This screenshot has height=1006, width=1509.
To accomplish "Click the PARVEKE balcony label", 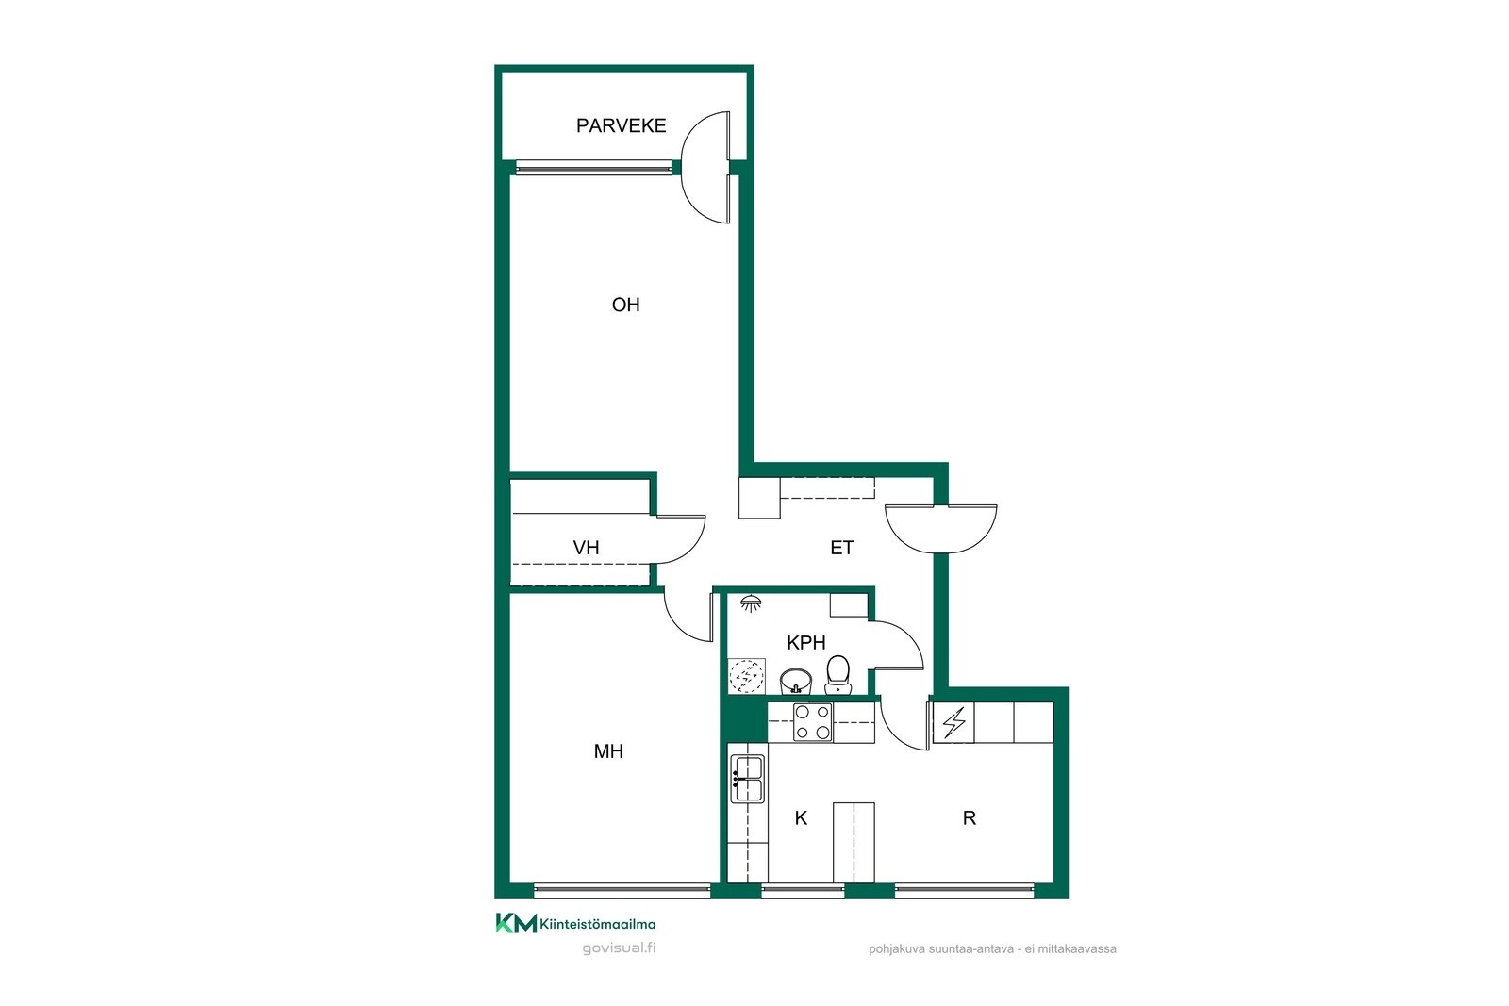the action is coord(622,126).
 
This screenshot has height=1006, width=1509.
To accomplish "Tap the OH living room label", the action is coord(625,305).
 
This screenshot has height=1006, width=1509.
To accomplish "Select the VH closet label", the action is coord(586,548).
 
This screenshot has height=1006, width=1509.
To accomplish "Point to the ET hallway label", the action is coord(841,548).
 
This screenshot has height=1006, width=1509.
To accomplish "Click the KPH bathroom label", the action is coord(805,643).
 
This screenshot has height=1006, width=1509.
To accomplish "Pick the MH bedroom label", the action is coord(607,751).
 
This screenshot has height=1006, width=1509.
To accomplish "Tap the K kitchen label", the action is coord(801,818).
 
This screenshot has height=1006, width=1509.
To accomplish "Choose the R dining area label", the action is coord(969,818).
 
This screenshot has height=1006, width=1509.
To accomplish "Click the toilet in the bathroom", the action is coord(837,675).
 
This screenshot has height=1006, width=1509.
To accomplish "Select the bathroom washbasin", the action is coord(796,682).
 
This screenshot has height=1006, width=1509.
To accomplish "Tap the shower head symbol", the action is coord(751,603).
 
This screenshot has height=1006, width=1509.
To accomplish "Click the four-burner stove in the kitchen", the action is coord(812,722).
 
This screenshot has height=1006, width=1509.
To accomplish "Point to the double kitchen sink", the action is coord(747,779).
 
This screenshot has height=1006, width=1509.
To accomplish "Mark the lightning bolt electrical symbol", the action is coord(953,722).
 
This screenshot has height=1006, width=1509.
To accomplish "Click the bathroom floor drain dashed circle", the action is coord(746,676).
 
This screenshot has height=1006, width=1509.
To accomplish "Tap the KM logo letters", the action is coord(516,923).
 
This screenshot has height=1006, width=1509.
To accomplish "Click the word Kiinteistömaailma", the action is coord(598,925).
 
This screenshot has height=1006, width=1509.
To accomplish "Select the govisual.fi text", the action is coord(619,948).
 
